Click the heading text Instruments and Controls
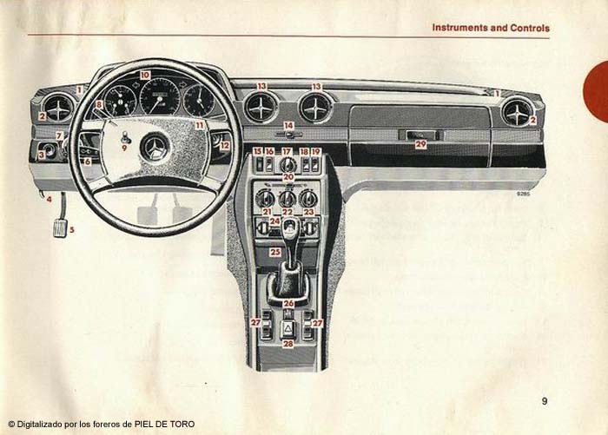click(x=491, y=28)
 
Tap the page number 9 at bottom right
click(x=545, y=400)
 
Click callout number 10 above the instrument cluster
click(x=145, y=76)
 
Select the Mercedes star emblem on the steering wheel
click(x=155, y=146)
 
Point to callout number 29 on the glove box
click(x=420, y=145)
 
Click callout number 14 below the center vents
click(x=288, y=126)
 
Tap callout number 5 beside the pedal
click(x=72, y=230)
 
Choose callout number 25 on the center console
click(x=275, y=253)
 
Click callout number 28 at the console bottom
click(x=288, y=344)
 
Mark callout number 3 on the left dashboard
click(x=41, y=155)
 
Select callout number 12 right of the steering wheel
click(x=225, y=146)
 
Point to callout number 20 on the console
click(x=288, y=176)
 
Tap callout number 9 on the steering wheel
click(x=124, y=148)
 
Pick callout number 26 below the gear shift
click(x=288, y=303)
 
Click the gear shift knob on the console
click(x=287, y=229)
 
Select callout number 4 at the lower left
click(x=49, y=200)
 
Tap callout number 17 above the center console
click(x=287, y=152)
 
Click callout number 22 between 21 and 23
click(x=287, y=212)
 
